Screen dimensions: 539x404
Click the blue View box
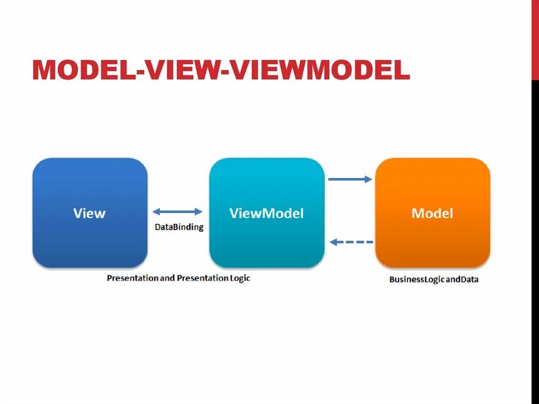point(90,212)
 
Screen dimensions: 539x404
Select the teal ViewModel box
point(266,212)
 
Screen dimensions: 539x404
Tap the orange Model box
point(432,212)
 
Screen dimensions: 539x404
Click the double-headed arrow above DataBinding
point(177,212)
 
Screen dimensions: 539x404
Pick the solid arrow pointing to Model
point(350,179)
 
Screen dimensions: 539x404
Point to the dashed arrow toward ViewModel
point(351,242)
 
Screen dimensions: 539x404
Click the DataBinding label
point(179,228)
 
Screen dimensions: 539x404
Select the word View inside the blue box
point(89,213)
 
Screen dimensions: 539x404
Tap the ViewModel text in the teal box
point(266,213)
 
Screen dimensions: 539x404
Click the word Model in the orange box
point(432,213)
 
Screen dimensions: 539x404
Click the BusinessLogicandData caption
point(434,280)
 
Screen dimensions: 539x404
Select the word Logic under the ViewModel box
point(239,278)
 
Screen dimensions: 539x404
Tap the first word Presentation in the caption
point(133,278)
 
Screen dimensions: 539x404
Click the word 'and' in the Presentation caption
point(167,278)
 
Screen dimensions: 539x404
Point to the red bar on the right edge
point(535,40)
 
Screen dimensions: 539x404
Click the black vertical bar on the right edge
point(535,237)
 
